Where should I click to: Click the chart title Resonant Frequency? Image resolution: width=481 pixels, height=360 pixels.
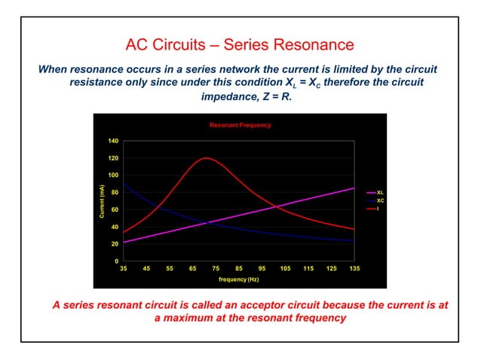[240, 125]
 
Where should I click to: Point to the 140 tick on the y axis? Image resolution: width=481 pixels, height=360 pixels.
[112, 142]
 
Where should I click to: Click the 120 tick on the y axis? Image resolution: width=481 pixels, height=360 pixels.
[112, 159]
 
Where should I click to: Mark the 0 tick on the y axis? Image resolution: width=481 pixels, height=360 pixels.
[115, 261]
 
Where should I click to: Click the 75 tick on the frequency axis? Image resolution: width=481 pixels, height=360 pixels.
[216, 268]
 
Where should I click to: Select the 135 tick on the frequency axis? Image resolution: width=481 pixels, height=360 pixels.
[354, 268]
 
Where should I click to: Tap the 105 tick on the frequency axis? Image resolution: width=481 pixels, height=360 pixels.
[284, 268]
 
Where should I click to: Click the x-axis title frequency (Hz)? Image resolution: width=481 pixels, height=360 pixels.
[238, 279]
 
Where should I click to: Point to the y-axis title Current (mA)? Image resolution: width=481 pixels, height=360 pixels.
[100, 201]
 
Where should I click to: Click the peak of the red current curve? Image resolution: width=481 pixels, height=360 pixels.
[205, 158]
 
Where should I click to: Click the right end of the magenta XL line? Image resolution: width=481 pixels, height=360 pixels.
[354, 188]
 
